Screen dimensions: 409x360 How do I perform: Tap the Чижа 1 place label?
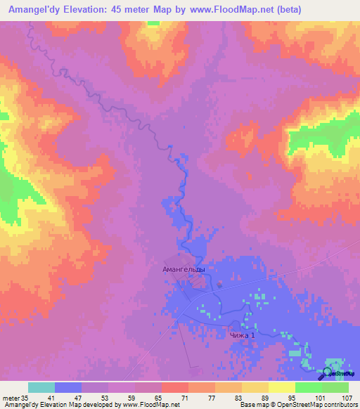[x=241, y=337]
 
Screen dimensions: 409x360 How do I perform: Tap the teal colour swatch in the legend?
[x=41, y=387]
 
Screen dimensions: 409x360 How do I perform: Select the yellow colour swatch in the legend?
[x=281, y=387]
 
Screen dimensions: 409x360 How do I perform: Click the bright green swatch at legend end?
[x=335, y=387]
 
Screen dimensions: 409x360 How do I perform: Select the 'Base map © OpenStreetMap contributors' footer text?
[x=296, y=405]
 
